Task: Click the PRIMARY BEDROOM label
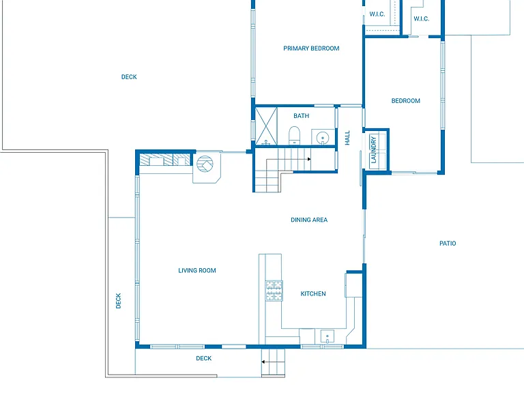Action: (x=311, y=48)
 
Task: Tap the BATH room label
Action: (x=301, y=116)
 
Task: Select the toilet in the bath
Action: (x=295, y=135)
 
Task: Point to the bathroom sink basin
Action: (x=323, y=137)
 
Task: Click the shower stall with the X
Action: (x=266, y=126)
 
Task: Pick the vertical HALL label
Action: (x=347, y=138)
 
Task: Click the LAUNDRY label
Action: (x=373, y=149)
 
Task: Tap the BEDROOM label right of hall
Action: (x=406, y=101)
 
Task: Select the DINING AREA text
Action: (x=309, y=220)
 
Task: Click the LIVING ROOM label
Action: (x=196, y=271)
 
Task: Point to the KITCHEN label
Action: (x=313, y=294)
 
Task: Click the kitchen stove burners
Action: (x=274, y=291)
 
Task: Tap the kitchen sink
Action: (x=327, y=336)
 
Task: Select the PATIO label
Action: (x=448, y=244)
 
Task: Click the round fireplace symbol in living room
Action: (x=205, y=164)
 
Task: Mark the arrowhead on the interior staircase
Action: (x=309, y=159)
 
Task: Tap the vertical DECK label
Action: (x=118, y=301)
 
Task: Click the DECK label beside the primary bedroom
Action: (x=129, y=77)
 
